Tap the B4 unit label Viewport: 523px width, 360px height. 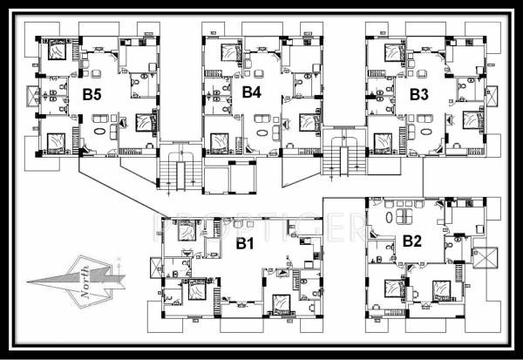(x=252, y=92)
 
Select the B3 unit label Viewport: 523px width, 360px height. (x=419, y=93)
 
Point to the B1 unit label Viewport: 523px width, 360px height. (x=246, y=243)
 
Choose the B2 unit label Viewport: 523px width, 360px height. (x=412, y=241)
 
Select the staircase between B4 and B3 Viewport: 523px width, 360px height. (x=338, y=158)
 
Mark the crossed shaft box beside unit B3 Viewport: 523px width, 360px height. (x=491, y=96)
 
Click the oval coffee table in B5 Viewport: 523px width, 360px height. (x=100, y=133)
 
